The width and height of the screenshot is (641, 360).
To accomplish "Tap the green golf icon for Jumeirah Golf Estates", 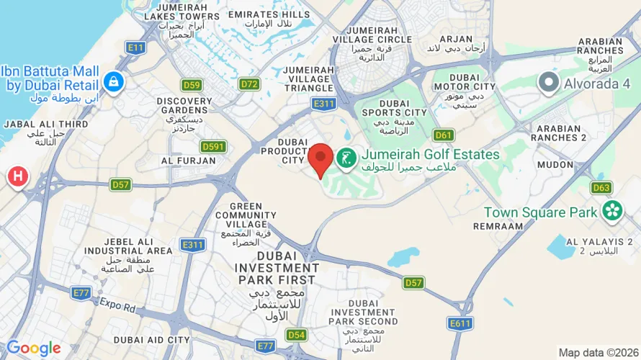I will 346,158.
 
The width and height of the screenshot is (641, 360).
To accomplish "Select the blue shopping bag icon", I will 114,82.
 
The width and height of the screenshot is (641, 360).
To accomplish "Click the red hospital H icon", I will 18,176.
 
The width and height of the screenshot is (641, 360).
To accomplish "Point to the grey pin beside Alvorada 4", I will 549,83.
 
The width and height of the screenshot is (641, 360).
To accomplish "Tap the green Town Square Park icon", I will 613,212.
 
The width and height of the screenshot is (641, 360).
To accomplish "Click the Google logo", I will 34,349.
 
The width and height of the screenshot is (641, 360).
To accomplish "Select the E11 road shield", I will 135,48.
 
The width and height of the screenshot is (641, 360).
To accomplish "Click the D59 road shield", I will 191,85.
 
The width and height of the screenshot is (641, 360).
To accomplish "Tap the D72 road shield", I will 249,85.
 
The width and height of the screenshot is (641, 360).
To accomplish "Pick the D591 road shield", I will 213,146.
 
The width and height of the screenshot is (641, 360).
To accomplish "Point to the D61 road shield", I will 444,135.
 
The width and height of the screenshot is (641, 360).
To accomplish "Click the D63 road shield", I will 601,189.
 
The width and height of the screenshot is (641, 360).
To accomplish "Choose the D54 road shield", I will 296,335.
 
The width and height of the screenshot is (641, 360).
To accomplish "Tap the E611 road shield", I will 460,323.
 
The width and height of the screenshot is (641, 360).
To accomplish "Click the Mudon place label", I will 554,163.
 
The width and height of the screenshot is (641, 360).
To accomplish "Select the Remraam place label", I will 498,226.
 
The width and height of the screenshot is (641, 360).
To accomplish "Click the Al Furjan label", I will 189,161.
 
